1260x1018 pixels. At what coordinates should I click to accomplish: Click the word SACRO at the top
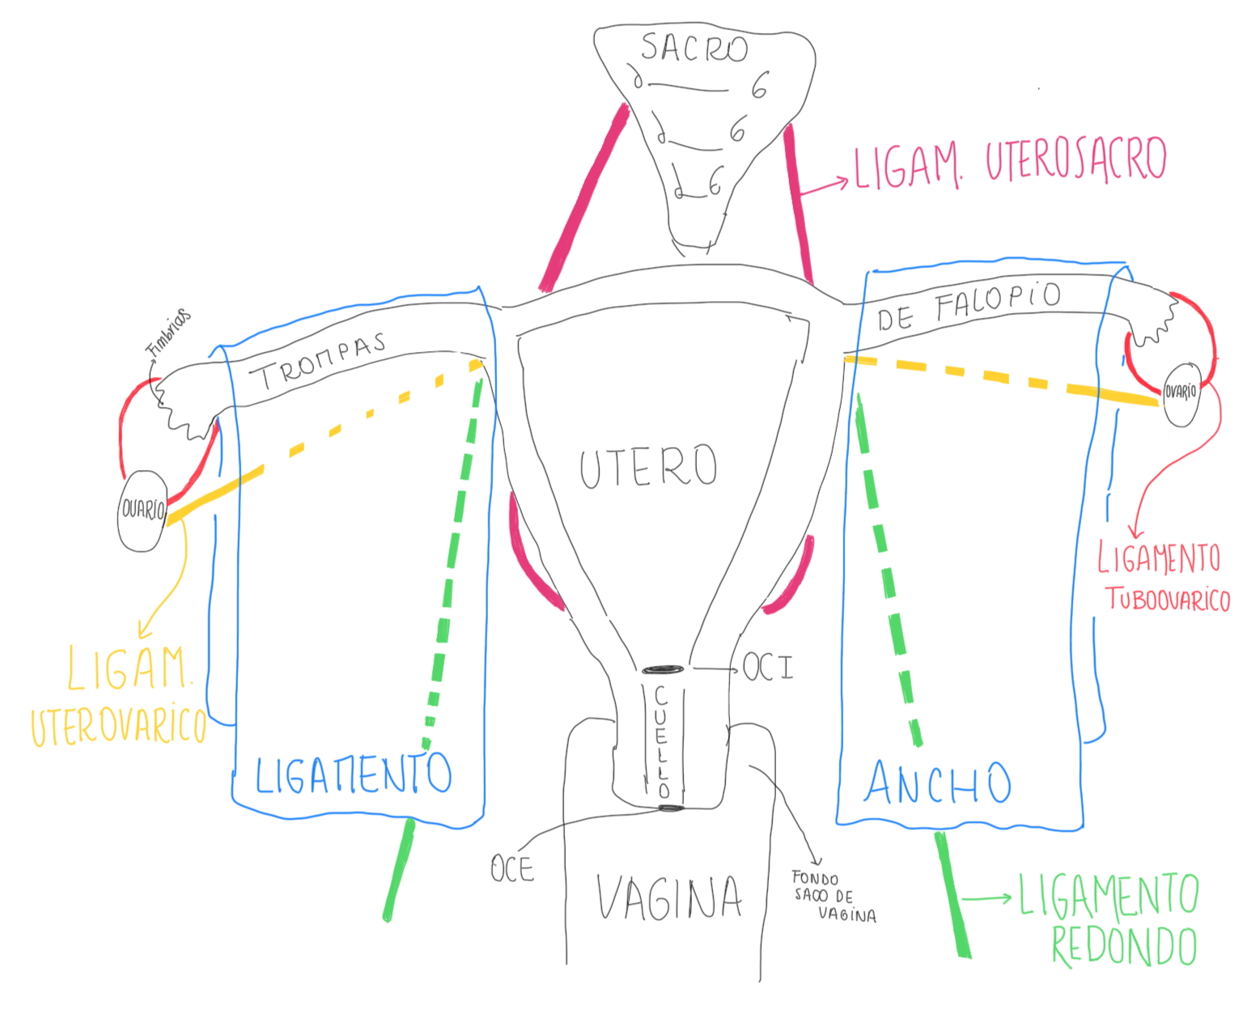[694, 49]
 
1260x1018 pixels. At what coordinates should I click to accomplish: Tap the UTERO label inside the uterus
[648, 466]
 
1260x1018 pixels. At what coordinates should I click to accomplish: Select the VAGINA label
[669, 897]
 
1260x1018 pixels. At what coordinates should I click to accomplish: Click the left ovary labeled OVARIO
[142, 511]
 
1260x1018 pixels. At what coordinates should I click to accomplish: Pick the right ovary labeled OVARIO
[1181, 393]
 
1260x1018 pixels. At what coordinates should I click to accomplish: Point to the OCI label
[768, 668]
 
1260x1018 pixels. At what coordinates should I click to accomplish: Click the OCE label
[512, 869]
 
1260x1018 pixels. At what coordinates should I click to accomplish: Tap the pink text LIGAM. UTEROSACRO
[1011, 163]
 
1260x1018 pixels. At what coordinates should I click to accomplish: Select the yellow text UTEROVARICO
[118, 726]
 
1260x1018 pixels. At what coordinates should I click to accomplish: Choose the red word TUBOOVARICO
[1168, 599]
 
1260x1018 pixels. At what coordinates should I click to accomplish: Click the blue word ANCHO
[937, 783]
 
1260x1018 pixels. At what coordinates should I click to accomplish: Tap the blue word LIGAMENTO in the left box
[353, 774]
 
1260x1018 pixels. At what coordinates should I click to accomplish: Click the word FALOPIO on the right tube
[997, 301]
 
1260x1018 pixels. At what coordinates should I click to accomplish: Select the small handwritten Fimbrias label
[169, 332]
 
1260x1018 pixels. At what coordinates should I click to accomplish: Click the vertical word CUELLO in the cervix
[662, 741]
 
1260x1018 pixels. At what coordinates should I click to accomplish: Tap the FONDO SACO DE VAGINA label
[834, 897]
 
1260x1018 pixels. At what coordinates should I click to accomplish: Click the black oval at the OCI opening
[664, 669]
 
